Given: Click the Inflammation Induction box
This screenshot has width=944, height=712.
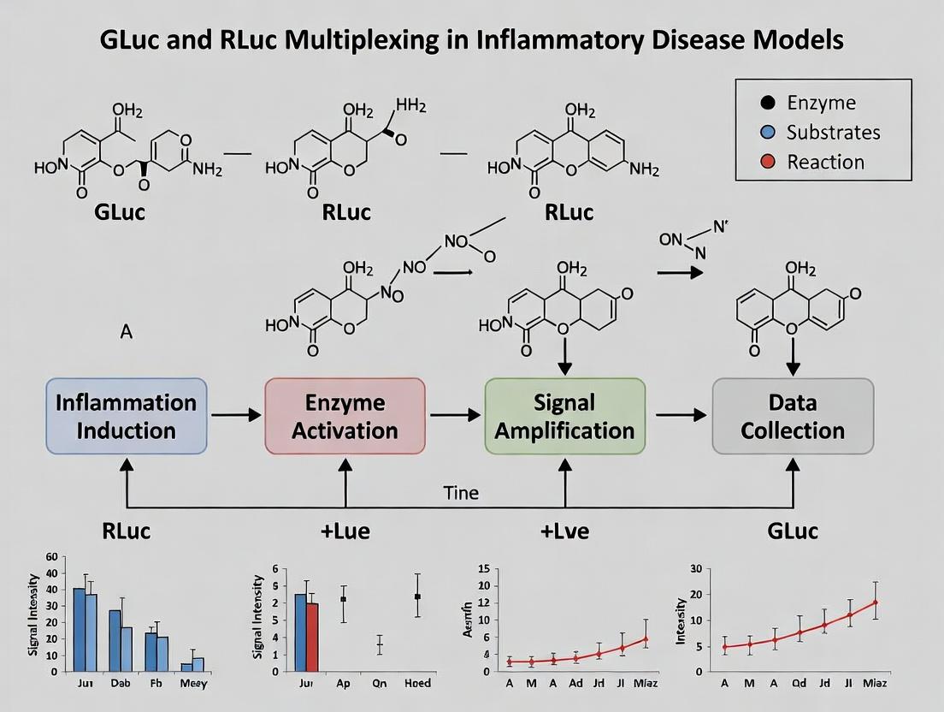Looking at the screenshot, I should point(126,416).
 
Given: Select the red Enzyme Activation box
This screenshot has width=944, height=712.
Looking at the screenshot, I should point(345,416).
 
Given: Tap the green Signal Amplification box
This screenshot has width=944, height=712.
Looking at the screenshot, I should point(564,416).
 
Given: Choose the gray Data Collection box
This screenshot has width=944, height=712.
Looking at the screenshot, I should point(793,416).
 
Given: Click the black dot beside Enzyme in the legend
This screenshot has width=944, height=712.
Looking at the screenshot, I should point(767,103).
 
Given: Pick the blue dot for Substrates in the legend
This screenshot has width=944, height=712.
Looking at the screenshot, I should point(767,132).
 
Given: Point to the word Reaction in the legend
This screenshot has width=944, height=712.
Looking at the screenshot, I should point(825,162).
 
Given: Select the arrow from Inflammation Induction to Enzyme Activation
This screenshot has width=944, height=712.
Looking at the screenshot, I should point(236,415).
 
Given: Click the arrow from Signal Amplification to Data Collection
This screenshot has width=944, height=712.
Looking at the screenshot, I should point(681,415).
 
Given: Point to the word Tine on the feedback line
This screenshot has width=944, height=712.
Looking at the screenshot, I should point(461,493).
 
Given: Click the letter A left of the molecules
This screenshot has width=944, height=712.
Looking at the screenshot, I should point(127,331).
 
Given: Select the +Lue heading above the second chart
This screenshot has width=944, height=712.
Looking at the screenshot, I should point(345,531).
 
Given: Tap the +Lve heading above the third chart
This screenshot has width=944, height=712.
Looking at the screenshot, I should point(563,531).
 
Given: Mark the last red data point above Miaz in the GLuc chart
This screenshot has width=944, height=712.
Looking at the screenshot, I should point(876,602).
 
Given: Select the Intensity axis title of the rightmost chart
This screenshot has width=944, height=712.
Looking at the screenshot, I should point(681,620).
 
